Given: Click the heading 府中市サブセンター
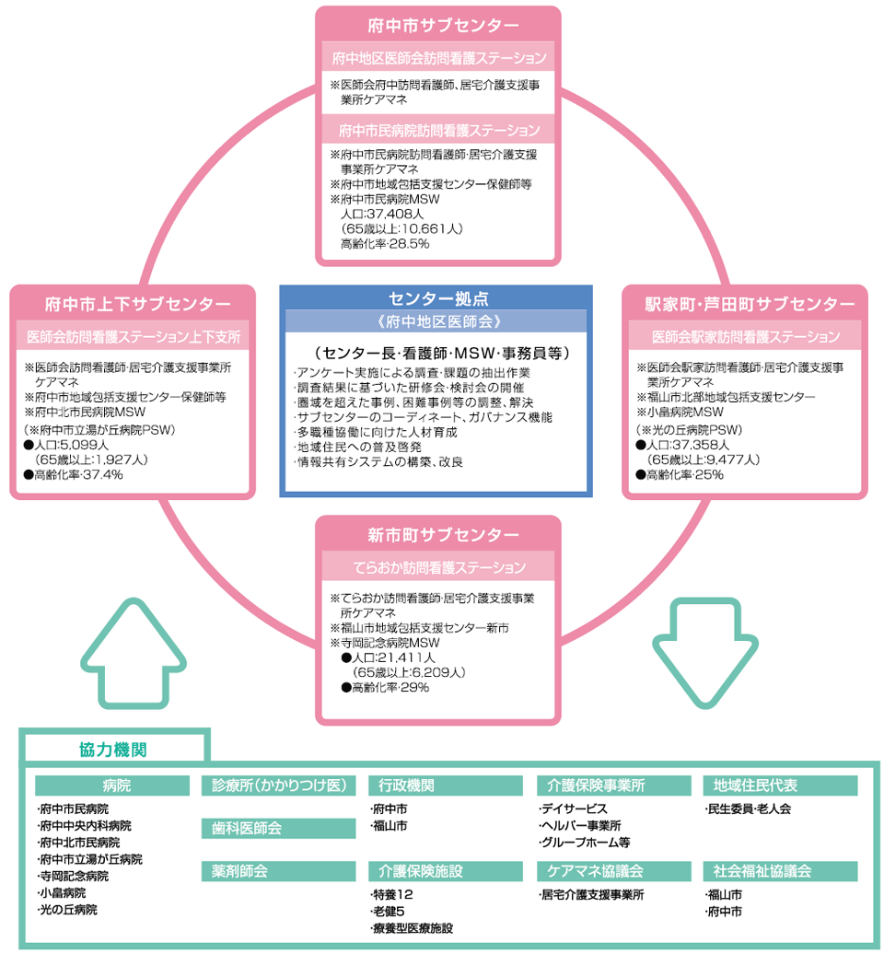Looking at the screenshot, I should [x=437, y=25].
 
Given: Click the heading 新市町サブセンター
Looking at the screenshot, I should [x=437, y=535].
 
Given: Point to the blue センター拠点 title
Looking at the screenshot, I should [x=437, y=298].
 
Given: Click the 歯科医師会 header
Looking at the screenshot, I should [x=247, y=828].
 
